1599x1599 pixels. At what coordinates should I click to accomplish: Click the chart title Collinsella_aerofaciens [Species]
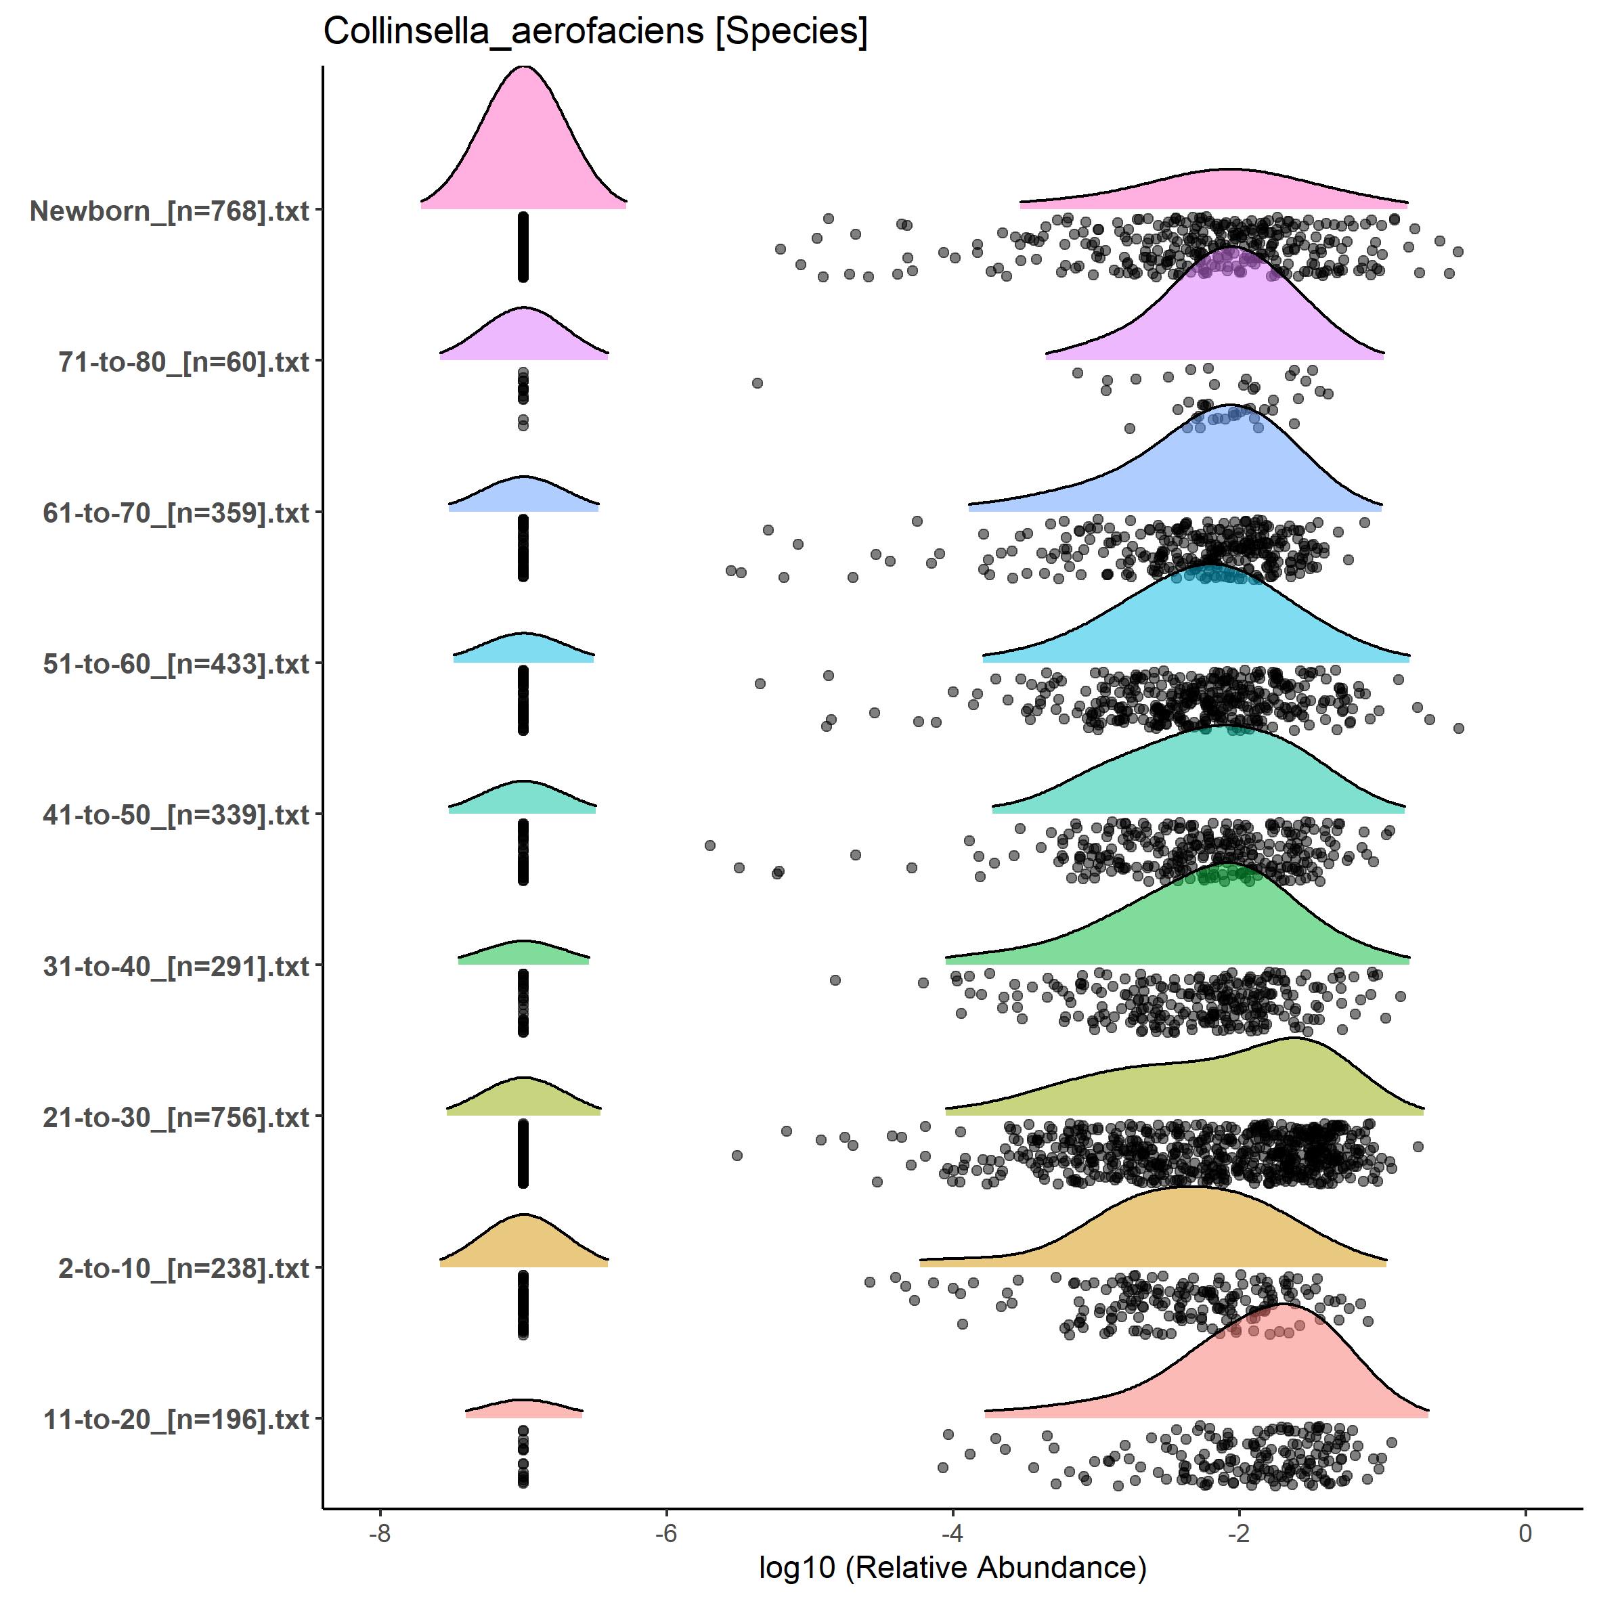click(x=595, y=33)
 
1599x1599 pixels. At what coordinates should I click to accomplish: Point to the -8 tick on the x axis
click(x=380, y=1533)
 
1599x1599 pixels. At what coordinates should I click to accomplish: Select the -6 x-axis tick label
click(x=666, y=1533)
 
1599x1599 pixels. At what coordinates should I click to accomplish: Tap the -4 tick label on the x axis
click(x=952, y=1533)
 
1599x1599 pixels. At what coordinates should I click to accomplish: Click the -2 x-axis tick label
click(x=1239, y=1533)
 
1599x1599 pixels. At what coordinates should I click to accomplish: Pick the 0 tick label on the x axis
click(x=1525, y=1533)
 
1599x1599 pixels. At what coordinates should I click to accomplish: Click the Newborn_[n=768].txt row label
click(x=170, y=211)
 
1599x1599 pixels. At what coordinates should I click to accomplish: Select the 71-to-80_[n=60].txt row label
click(x=183, y=362)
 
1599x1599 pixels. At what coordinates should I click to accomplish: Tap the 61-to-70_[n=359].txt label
click(x=176, y=513)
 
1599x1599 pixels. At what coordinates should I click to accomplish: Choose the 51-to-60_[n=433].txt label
click(x=176, y=663)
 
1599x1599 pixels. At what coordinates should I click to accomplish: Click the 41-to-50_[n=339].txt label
click(x=176, y=815)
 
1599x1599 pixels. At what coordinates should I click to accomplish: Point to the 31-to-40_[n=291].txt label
click(x=176, y=966)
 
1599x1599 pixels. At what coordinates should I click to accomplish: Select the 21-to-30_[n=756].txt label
click(x=176, y=1117)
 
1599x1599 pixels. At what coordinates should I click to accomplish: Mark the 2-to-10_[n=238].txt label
click(x=183, y=1268)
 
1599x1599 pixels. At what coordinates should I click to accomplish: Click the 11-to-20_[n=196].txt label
click(x=176, y=1420)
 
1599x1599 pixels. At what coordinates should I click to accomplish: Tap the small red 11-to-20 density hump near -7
click(x=523, y=1409)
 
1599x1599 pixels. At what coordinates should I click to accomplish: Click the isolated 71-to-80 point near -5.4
click(x=756, y=382)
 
